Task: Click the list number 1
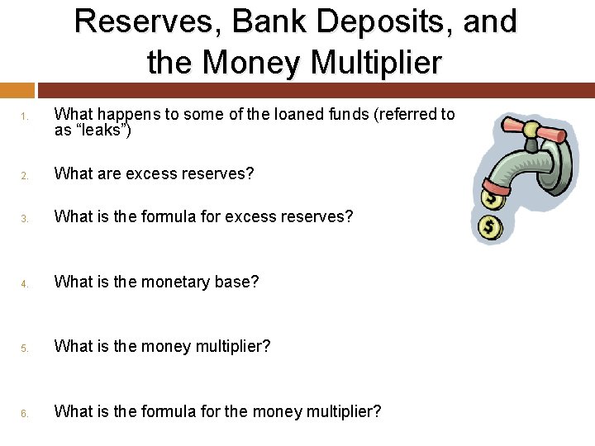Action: click(25, 116)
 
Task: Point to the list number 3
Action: click(25, 218)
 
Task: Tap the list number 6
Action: click(25, 412)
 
